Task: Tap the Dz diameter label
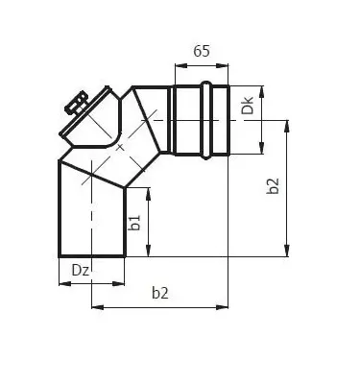pos(82,272)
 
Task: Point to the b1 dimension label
pos(136,223)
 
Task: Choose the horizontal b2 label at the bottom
pos(160,295)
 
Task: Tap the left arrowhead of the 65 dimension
pos(177,67)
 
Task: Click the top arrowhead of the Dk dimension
pos(262,88)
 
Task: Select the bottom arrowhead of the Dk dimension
pos(262,150)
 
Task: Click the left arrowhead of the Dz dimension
pos(61,283)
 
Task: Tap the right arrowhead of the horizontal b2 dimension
pos(224,308)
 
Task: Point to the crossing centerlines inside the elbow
pos(120,148)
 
